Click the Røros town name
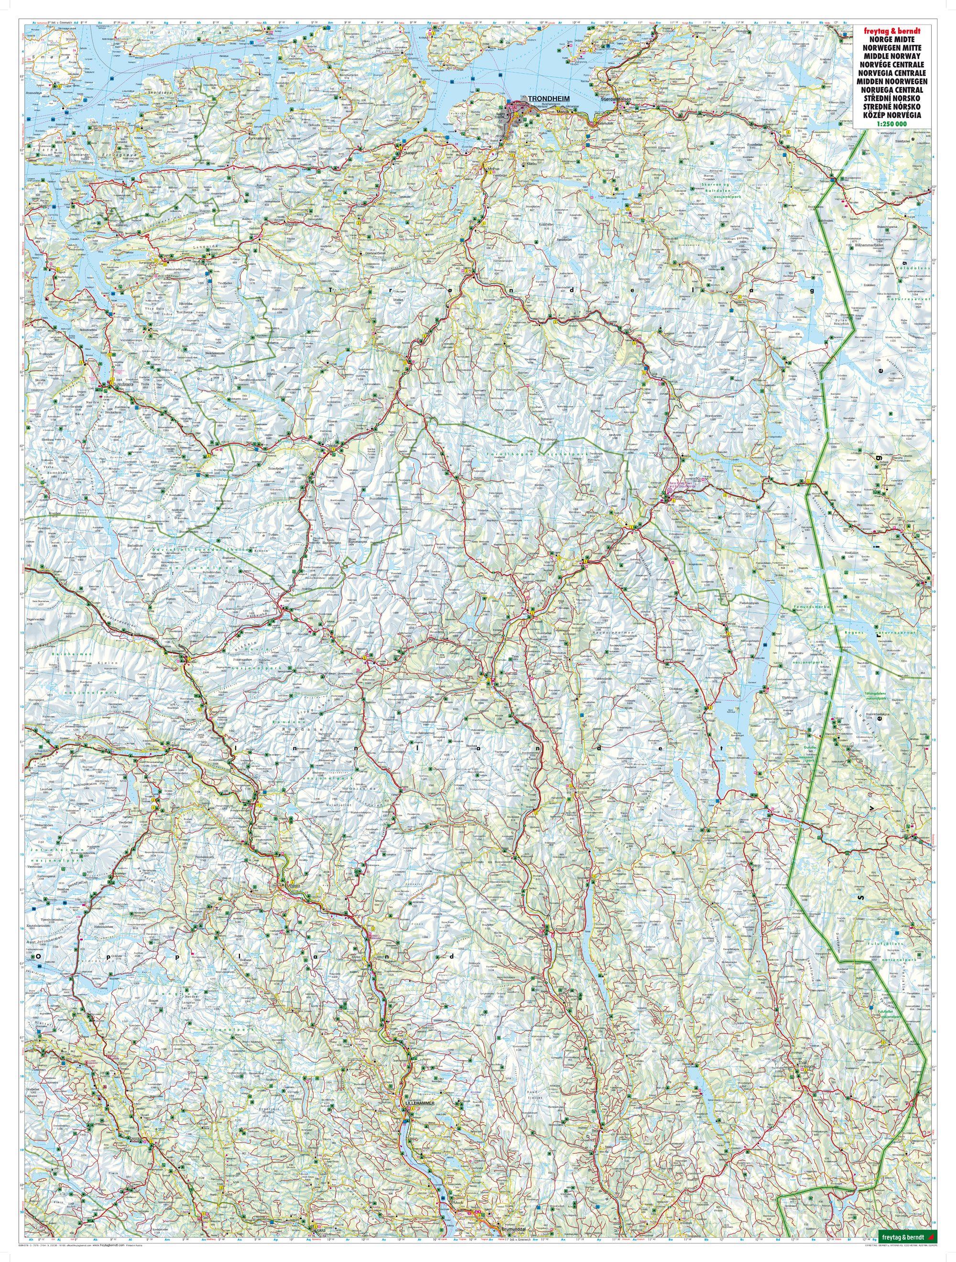pyautogui.click(x=678, y=497)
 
